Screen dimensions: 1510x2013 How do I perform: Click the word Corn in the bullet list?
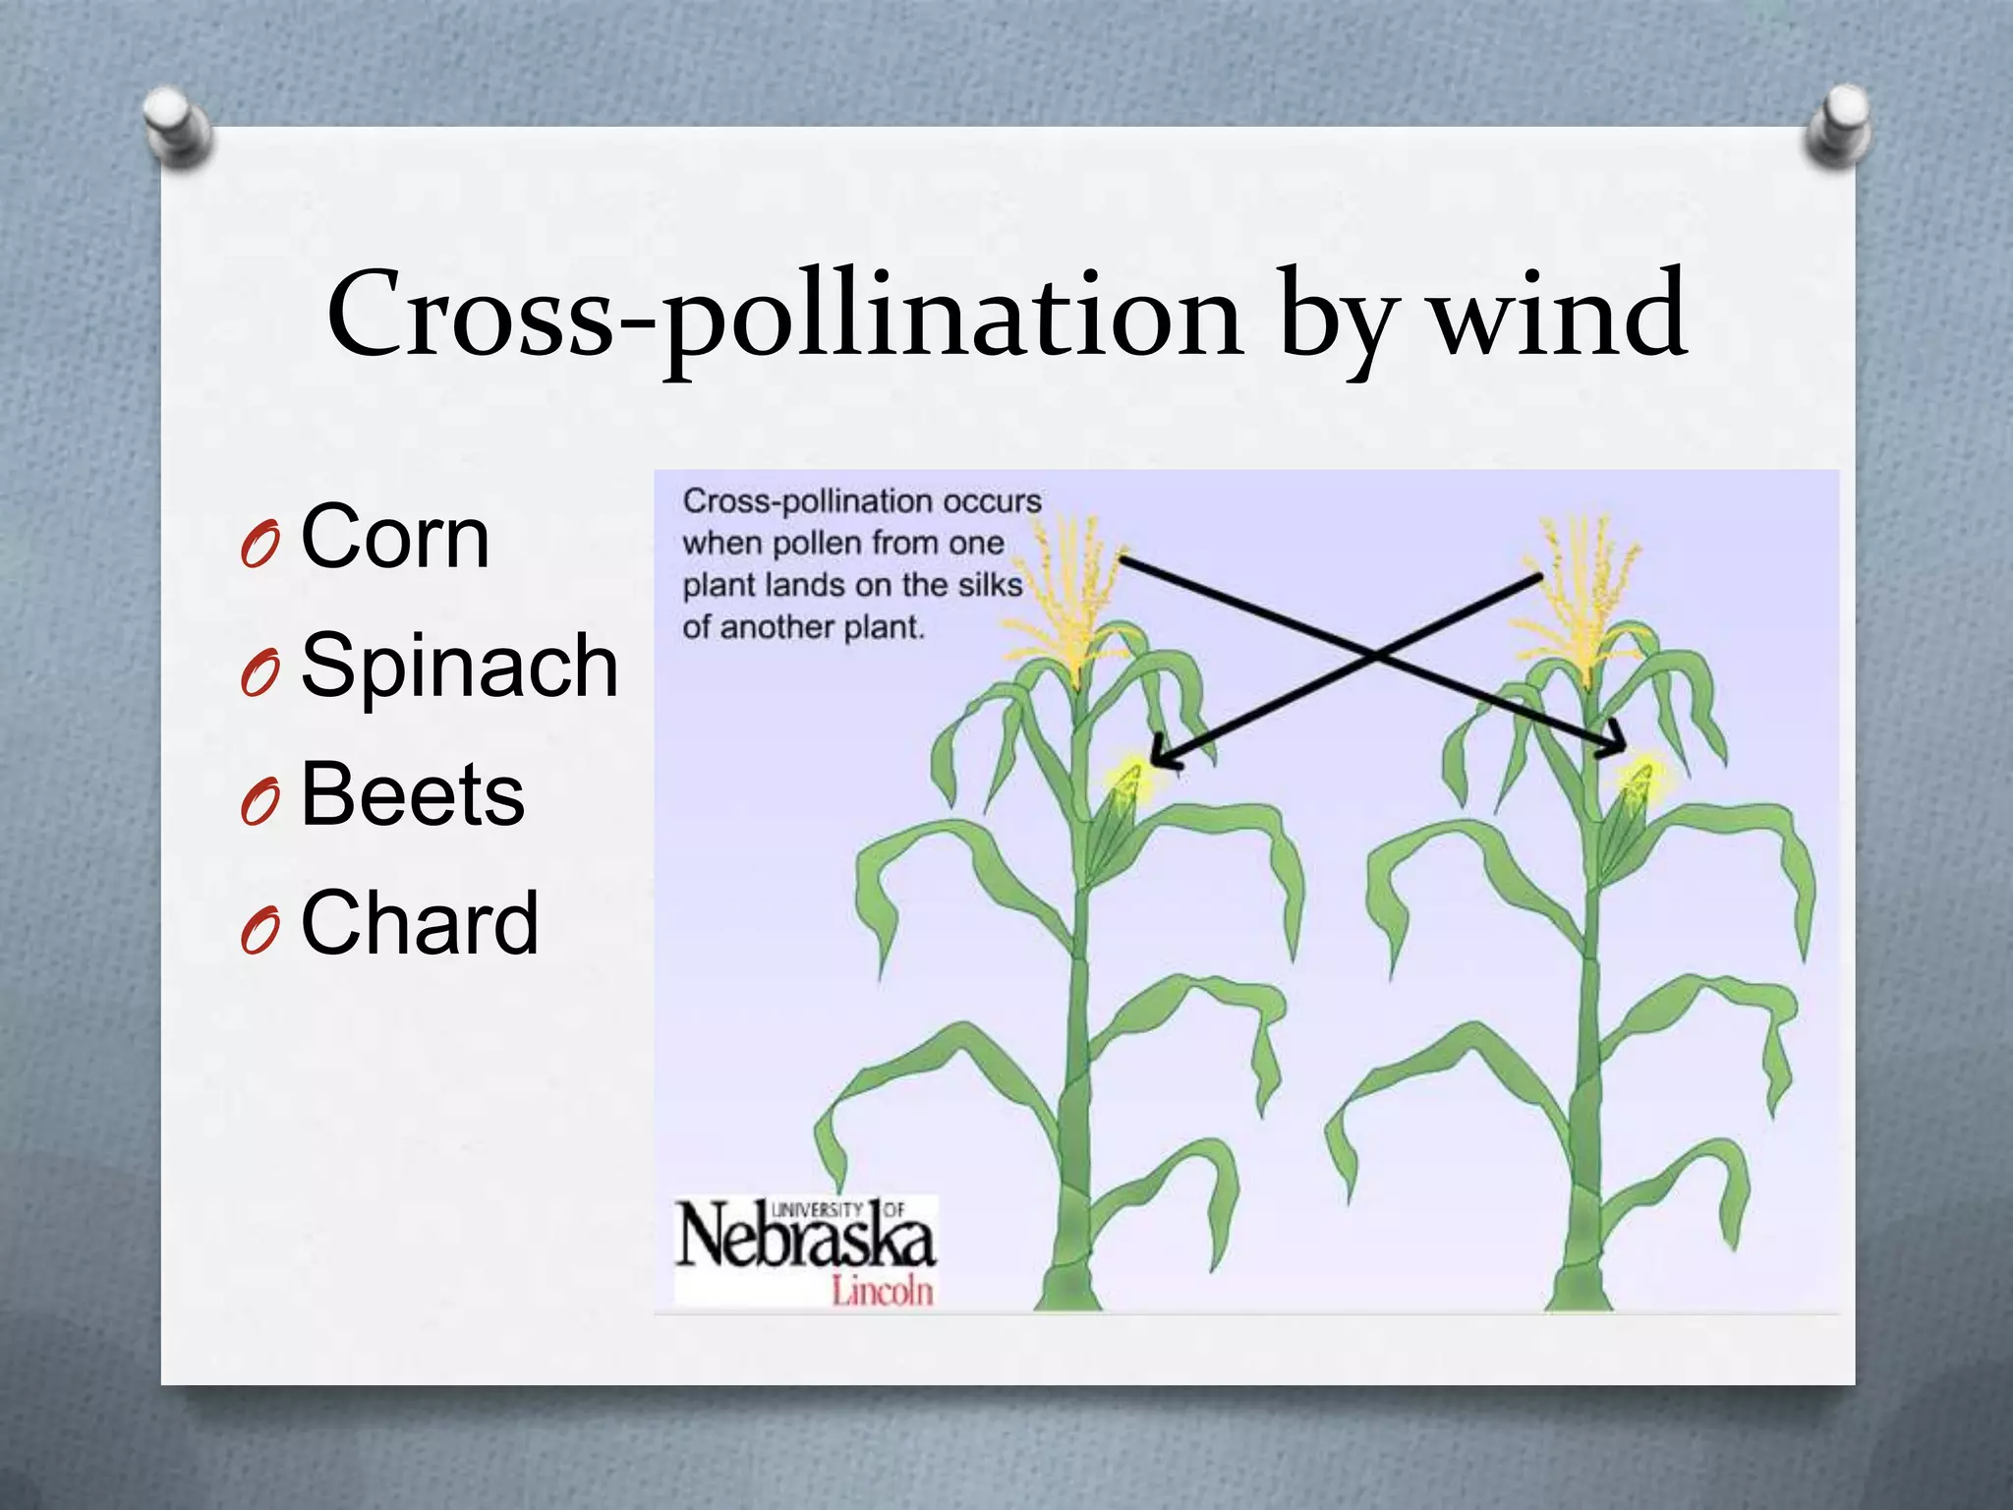coord(395,537)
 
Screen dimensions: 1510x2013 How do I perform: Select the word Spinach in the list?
coord(459,666)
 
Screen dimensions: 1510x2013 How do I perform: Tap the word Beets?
coord(412,794)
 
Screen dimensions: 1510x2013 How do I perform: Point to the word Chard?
coord(420,922)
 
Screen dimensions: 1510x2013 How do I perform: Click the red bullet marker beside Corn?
coord(259,544)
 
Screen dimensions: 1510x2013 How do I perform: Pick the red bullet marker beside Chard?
coord(259,929)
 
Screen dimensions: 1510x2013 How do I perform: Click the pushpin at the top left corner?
coord(177,126)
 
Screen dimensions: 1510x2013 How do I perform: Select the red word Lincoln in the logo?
coord(882,1290)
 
